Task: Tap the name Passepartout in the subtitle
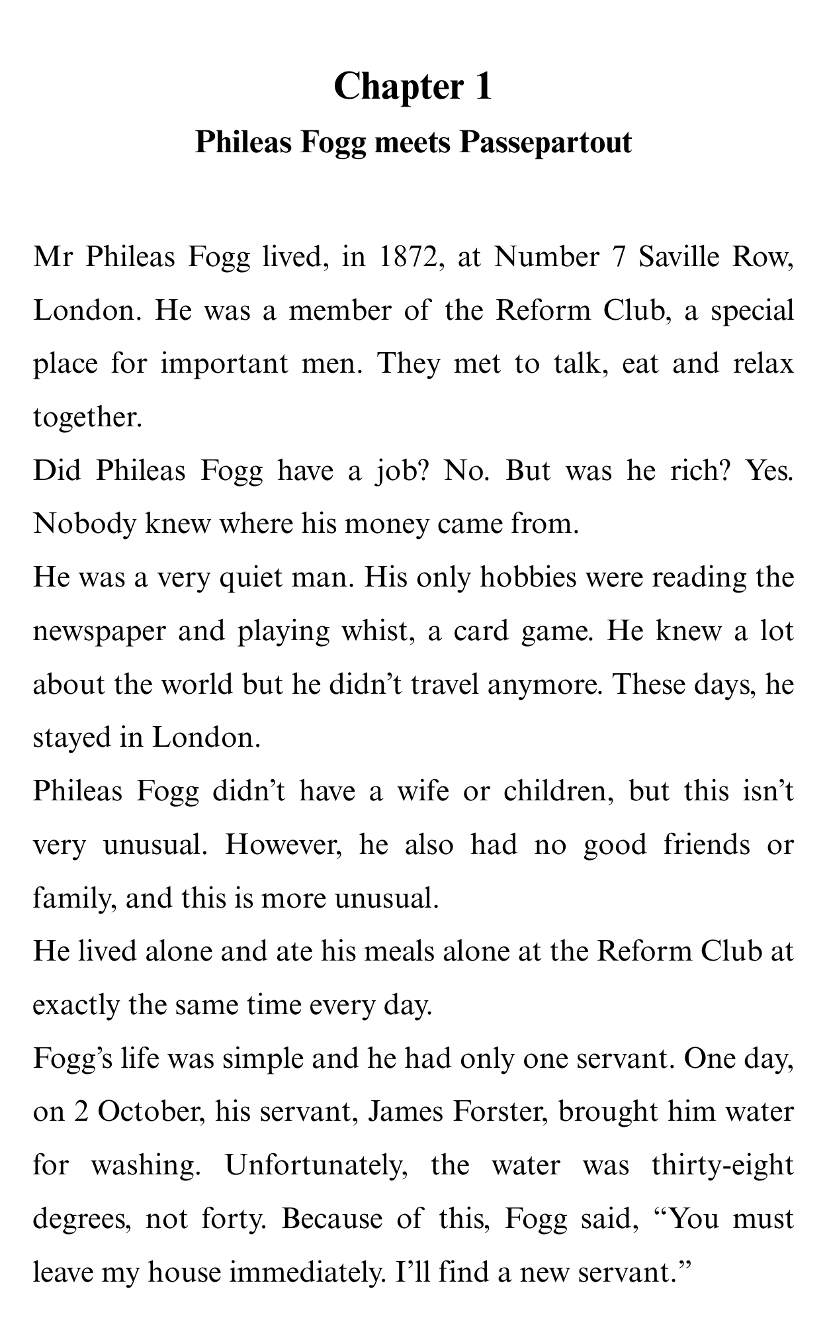[546, 142]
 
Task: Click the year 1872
[407, 257]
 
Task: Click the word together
[87, 417]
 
